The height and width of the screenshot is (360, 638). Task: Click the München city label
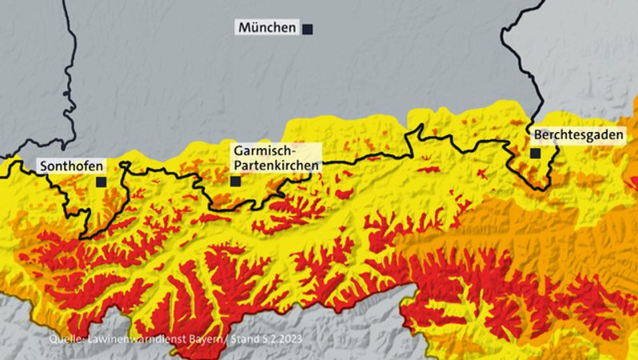point(267,28)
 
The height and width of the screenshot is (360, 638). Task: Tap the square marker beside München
point(307,29)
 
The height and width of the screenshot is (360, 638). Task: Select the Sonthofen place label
point(71,166)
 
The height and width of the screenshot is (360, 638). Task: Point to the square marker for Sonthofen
point(101,182)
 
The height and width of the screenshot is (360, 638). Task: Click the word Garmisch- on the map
point(265,151)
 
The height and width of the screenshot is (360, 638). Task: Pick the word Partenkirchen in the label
point(276,165)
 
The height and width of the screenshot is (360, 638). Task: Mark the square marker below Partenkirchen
point(235,181)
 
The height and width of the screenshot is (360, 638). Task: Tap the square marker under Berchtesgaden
point(535,153)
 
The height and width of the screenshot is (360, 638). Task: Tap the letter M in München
point(244,28)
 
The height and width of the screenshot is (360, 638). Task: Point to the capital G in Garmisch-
point(239,151)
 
